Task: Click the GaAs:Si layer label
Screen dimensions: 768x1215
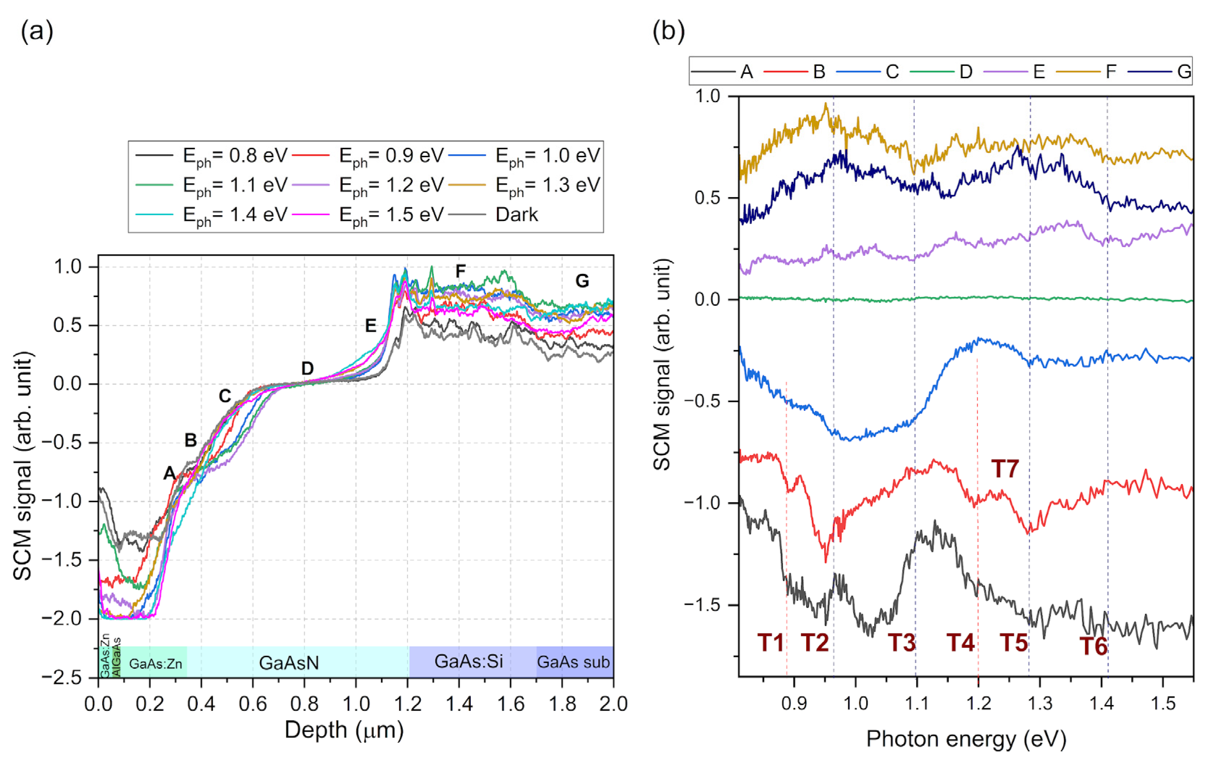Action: point(468,661)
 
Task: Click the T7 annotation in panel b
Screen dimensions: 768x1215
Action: point(1005,469)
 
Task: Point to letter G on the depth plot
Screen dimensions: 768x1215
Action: point(582,281)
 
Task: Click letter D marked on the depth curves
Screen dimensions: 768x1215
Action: point(307,369)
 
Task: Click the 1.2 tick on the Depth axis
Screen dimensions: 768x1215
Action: point(408,704)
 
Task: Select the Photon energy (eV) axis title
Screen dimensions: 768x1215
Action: point(966,739)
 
